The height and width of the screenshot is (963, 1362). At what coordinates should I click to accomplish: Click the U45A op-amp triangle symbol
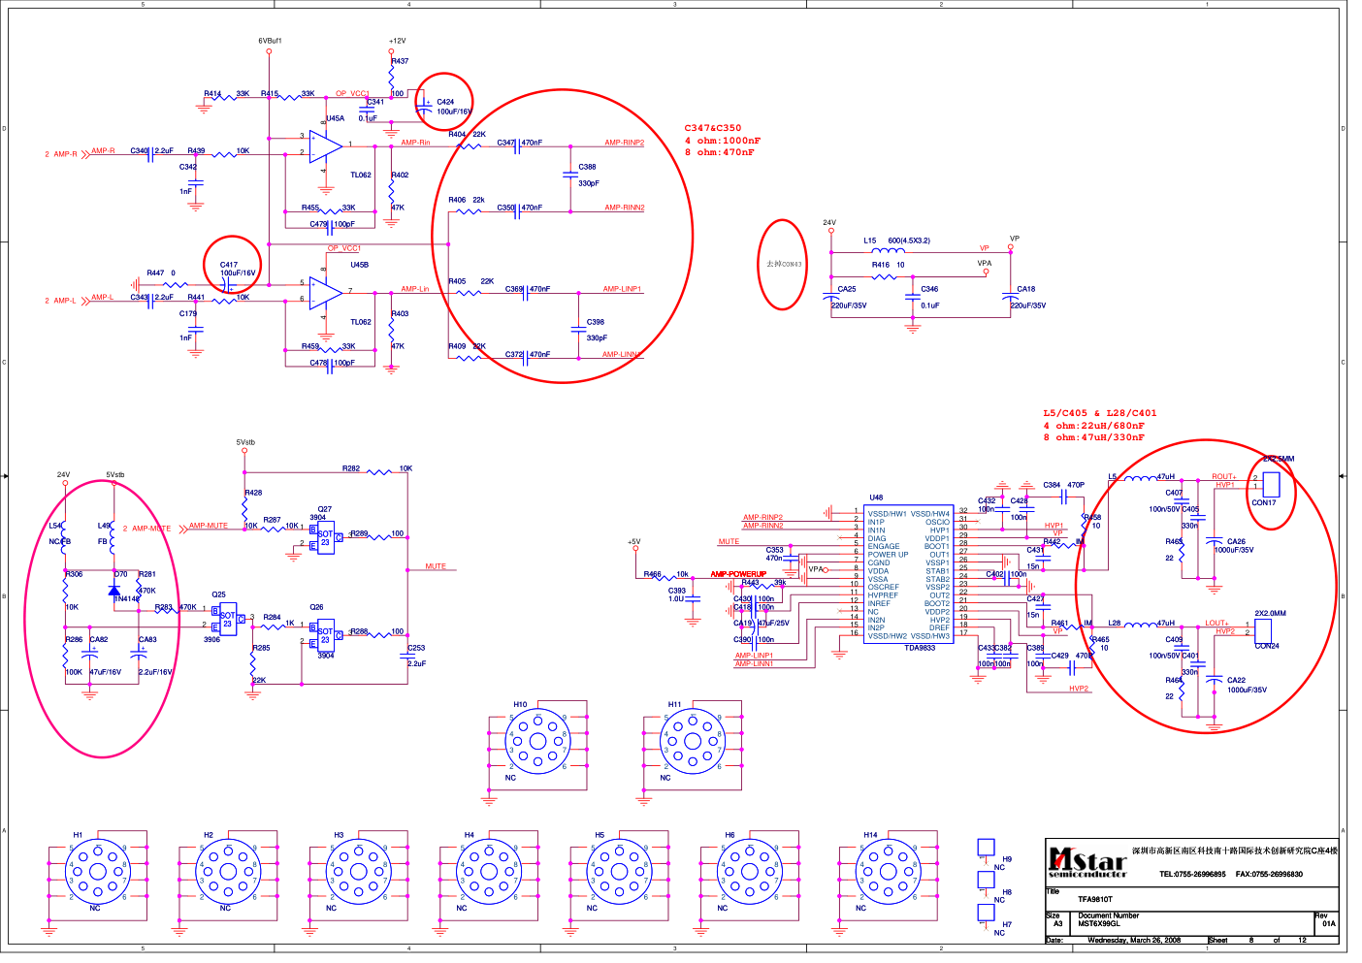pyautogui.click(x=326, y=145)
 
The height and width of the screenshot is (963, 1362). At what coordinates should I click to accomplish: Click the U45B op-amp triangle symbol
pyautogui.click(x=325, y=292)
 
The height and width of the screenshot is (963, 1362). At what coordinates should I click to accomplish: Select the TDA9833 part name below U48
pyautogui.click(x=920, y=648)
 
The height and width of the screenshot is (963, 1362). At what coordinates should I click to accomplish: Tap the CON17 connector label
pyautogui.click(x=1263, y=502)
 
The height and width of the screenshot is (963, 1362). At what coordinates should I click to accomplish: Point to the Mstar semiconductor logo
pyautogui.click(x=1087, y=861)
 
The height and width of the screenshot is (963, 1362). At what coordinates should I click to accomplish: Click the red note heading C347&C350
pyautogui.click(x=712, y=128)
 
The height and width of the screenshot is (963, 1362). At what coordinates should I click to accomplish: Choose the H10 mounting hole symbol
pyautogui.click(x=537, y=742)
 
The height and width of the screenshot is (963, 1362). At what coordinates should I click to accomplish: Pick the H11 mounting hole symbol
pyautogui.click(x=693, y=742)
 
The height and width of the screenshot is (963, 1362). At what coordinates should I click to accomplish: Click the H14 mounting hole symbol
pyautogui.click(x=888, y=871)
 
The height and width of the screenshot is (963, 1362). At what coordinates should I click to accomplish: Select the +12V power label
pyautogui.click(x=398, y=41)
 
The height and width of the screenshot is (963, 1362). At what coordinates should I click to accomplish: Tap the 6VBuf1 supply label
pyautogui.click(x=270, y=41)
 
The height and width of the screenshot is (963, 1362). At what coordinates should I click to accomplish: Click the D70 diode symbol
pyautogui.click(x=114, y=589)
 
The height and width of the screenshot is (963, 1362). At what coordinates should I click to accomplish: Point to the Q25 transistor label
pyautogui.click(x=218, y=594)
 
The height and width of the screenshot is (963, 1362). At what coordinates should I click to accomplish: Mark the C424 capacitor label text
pyautogui.click(x=445, y=102)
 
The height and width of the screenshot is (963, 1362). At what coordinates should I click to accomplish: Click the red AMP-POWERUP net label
pyautogui.click(x=738, y=574)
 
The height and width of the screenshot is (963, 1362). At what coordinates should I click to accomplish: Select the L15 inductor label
pyautogui.click(x=870, y=241)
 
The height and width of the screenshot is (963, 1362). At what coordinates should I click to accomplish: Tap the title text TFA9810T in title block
pyautogui.click(x=1095, y=899)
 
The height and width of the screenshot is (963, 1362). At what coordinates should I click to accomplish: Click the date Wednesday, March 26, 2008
pyautogui.click(x=1134, y=940)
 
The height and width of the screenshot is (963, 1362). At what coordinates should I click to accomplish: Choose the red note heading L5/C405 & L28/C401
pyautogui.click(x=1100, y=413)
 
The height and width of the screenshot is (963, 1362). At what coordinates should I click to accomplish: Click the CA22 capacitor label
pyautogui.click(x=1236, y=680)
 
